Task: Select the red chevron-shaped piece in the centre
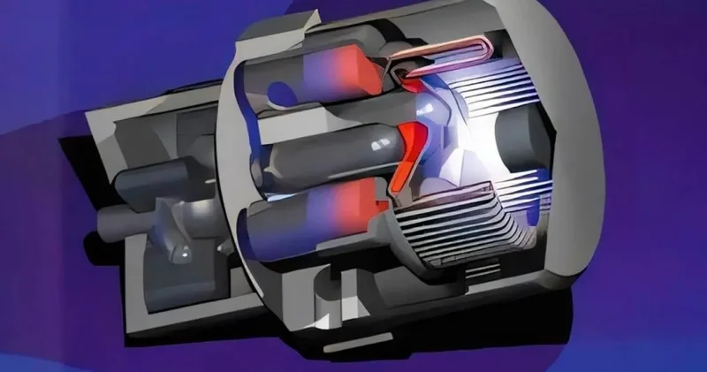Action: coord(408,150)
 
